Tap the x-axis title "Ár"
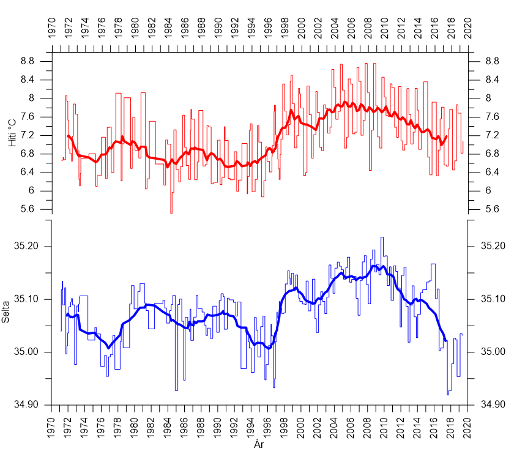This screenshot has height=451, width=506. coord(259,445)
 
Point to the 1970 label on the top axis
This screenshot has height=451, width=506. coord(52,28)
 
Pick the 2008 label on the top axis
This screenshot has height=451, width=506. coord(368,28)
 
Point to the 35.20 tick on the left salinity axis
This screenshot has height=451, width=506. coord(26,246)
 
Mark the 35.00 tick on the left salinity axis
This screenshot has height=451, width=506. coord(26,352)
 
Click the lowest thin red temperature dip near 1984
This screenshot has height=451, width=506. coord(171,212)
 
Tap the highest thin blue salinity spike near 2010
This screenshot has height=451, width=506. coord(382,237)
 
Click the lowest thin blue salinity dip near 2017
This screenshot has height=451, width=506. coord(448,395)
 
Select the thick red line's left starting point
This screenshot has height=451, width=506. coord(67,136)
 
